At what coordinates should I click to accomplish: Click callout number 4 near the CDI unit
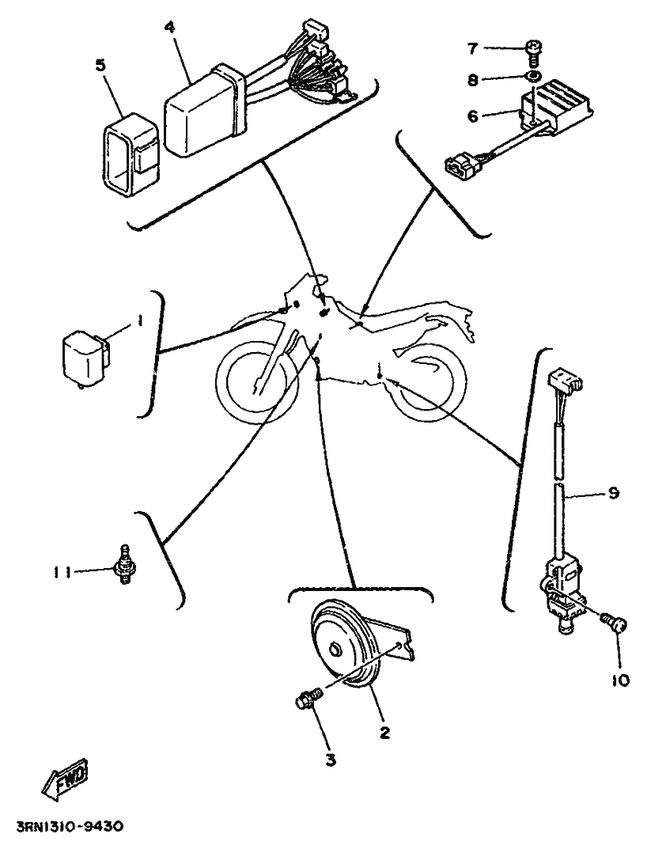tap(169, 27)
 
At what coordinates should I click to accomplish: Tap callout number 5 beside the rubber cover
tap(100, 65)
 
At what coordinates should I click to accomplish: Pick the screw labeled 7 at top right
tap(533, 52)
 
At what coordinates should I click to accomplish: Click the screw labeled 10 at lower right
tap(615, 627)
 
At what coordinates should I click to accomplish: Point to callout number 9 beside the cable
tap(613, 492)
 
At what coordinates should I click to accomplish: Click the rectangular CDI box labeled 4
tap(204, 111)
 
